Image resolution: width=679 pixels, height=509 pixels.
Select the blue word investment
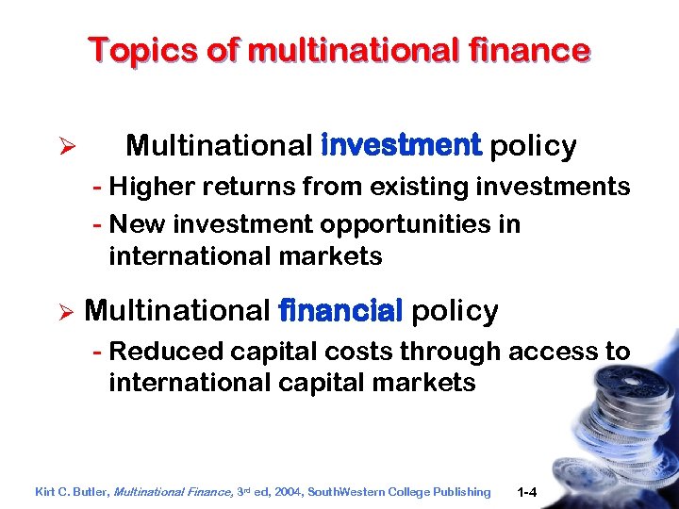pyautogui.click(x=402, y=146)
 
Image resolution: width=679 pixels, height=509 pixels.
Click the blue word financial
pyautogui.click(x=341, y=310)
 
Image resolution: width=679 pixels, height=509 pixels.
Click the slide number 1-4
pyautogui.click(x=528, y=491)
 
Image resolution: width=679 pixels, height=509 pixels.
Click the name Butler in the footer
pyautogui.click(x=88, y=491)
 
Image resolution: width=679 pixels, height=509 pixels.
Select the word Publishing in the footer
pyautogui.click(x=461, y=491)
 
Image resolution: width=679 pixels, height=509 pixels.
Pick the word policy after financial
pyautogui.click(x=455, y=310)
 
